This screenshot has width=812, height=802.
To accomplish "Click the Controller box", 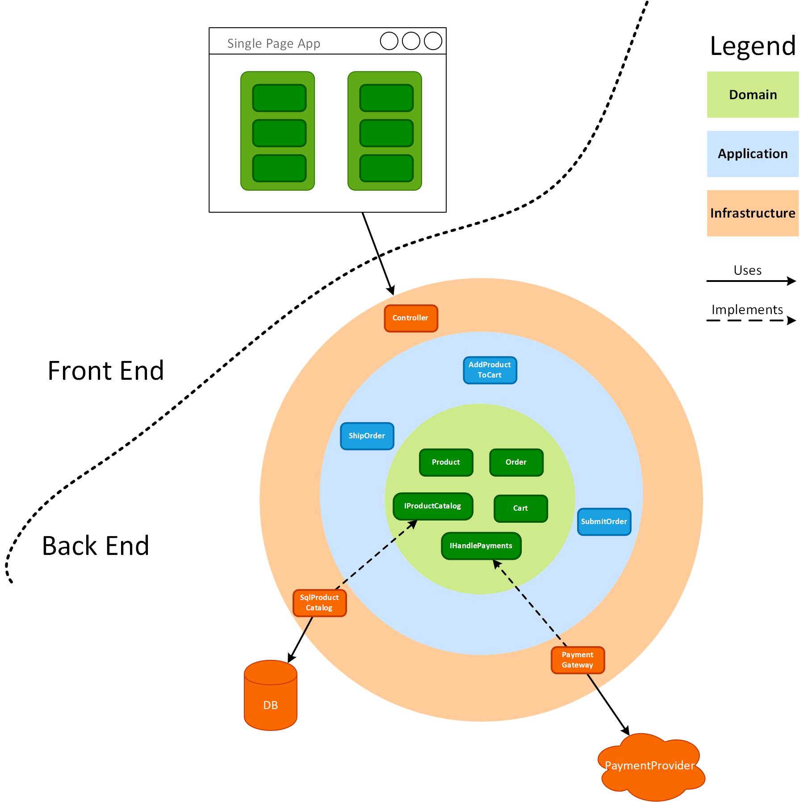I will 411,318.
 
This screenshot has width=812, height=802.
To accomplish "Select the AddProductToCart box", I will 490,370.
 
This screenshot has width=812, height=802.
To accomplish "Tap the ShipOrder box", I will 367,436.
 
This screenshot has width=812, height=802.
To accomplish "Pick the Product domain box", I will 446,462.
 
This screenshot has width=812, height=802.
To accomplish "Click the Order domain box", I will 516,462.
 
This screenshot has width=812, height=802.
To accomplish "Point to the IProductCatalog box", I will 433,506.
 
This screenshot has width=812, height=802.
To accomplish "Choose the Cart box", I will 521,508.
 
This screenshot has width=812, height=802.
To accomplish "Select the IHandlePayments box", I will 481,546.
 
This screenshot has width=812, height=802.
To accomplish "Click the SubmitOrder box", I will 604,522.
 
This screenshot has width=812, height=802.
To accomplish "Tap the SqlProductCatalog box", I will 319,603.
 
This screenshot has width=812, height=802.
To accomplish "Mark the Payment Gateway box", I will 578,660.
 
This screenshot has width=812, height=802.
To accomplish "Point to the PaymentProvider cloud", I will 650,766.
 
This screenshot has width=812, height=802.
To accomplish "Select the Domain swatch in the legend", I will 753,95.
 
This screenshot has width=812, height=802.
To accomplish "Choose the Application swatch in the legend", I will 753,154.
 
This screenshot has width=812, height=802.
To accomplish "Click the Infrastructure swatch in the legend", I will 753,213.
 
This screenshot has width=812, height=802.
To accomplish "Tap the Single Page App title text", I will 274,43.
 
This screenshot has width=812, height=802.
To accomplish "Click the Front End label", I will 106,371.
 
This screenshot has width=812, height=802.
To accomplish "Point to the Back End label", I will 96,546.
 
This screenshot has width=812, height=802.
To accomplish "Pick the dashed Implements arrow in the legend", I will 750,320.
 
